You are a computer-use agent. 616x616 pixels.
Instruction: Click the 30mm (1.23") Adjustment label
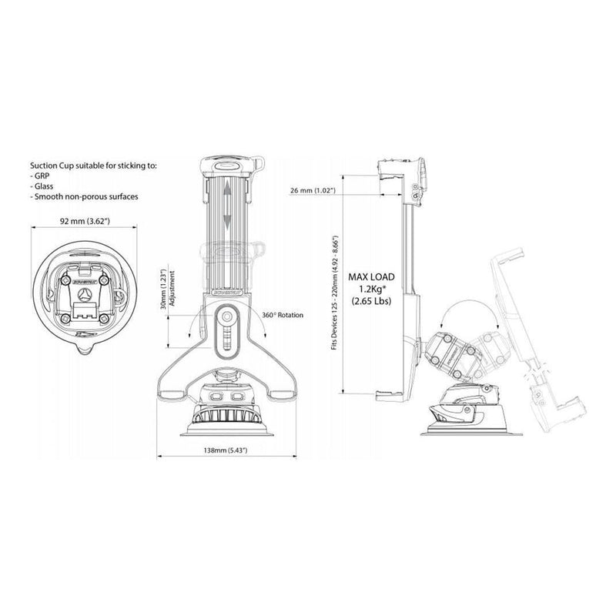pyautogui.click(x=177, y=296)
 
